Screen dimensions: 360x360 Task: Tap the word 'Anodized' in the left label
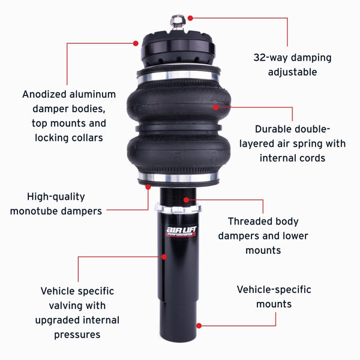49,94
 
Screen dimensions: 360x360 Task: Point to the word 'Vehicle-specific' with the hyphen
274,290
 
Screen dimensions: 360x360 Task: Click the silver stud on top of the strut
178,23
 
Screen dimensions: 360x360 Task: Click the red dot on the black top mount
136,43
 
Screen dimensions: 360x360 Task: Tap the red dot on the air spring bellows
216,107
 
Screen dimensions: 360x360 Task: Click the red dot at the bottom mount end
199,326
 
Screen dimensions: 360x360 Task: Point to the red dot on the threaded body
191,198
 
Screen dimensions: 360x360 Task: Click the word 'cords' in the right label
313,158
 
